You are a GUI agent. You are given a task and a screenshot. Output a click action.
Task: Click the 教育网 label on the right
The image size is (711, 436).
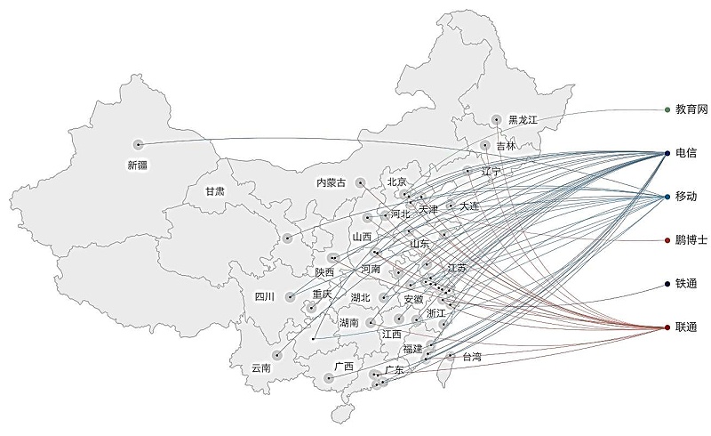point(691,109)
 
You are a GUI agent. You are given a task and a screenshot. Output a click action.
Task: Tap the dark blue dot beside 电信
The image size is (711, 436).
point(667,154)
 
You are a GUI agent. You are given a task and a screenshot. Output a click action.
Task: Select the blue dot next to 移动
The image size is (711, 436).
point(667,197)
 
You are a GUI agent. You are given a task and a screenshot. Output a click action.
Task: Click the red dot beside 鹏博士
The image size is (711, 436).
point(667,240)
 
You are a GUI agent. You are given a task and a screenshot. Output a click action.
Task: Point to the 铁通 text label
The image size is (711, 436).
point(686,284)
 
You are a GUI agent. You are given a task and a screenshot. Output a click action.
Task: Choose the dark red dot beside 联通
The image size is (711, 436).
point(667,327)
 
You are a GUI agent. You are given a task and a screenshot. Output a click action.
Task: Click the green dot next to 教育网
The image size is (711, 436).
point(667,109)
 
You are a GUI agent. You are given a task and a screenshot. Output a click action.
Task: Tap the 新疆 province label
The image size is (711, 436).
point(138,165)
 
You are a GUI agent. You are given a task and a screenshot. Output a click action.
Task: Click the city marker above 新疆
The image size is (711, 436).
point(139,144)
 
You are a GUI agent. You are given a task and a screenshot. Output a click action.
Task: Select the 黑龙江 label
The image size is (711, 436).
point(523,120)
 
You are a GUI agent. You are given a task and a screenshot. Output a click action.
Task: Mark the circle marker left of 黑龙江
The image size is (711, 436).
point(497,120)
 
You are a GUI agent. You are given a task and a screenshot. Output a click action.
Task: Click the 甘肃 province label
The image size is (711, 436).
point(215,191)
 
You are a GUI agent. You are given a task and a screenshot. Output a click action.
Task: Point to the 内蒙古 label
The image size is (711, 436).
point(332,182)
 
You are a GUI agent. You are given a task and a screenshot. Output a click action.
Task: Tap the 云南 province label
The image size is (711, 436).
point(261,367)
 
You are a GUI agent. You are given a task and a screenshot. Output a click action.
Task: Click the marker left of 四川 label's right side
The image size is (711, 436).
point(291,297)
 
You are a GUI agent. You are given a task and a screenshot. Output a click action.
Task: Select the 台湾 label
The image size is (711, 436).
point(472,357)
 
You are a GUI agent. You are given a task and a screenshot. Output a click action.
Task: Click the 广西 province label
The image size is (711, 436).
point(344,366)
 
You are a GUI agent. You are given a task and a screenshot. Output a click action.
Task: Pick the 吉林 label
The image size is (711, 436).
point(506,146)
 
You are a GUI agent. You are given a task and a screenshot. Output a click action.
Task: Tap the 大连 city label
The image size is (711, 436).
point(469,206)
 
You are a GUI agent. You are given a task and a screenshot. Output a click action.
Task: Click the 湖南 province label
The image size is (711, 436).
point(348,322)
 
